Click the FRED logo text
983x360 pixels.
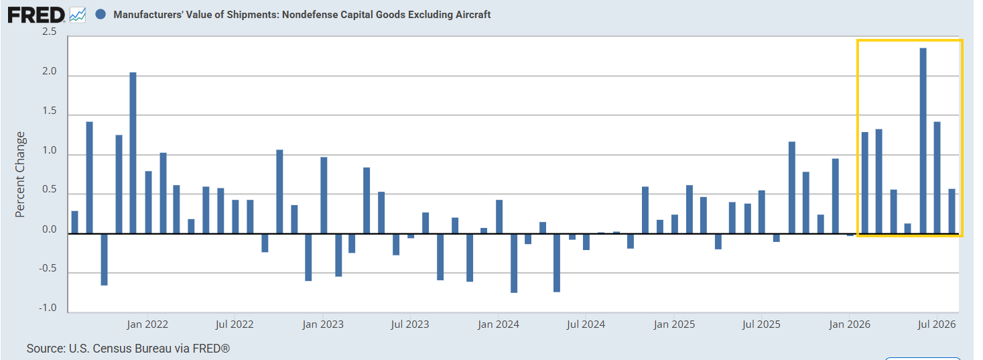point(36,15)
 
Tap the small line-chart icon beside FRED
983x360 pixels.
point(78,15)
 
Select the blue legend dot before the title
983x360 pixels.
point(101,15)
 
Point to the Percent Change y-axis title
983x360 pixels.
point(20,174)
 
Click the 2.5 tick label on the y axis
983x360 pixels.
point(49,32)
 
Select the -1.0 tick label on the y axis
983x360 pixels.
point(48,307)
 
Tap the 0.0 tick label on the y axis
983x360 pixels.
point(49,229)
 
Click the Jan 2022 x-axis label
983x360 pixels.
point(147,324)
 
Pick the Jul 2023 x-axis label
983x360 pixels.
point(410,324)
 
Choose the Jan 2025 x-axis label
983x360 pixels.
point(674,324)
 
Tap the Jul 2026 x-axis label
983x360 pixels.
point(937,324)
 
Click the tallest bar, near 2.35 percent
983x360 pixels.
point(923,141)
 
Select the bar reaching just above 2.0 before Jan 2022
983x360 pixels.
point(133,153)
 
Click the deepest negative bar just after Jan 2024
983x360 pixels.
point(514,263)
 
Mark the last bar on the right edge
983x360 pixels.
point(952,211)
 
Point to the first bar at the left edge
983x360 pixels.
point(74,222)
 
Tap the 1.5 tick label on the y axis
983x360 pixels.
point(49,111)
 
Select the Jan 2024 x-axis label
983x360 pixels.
point(499,324)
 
